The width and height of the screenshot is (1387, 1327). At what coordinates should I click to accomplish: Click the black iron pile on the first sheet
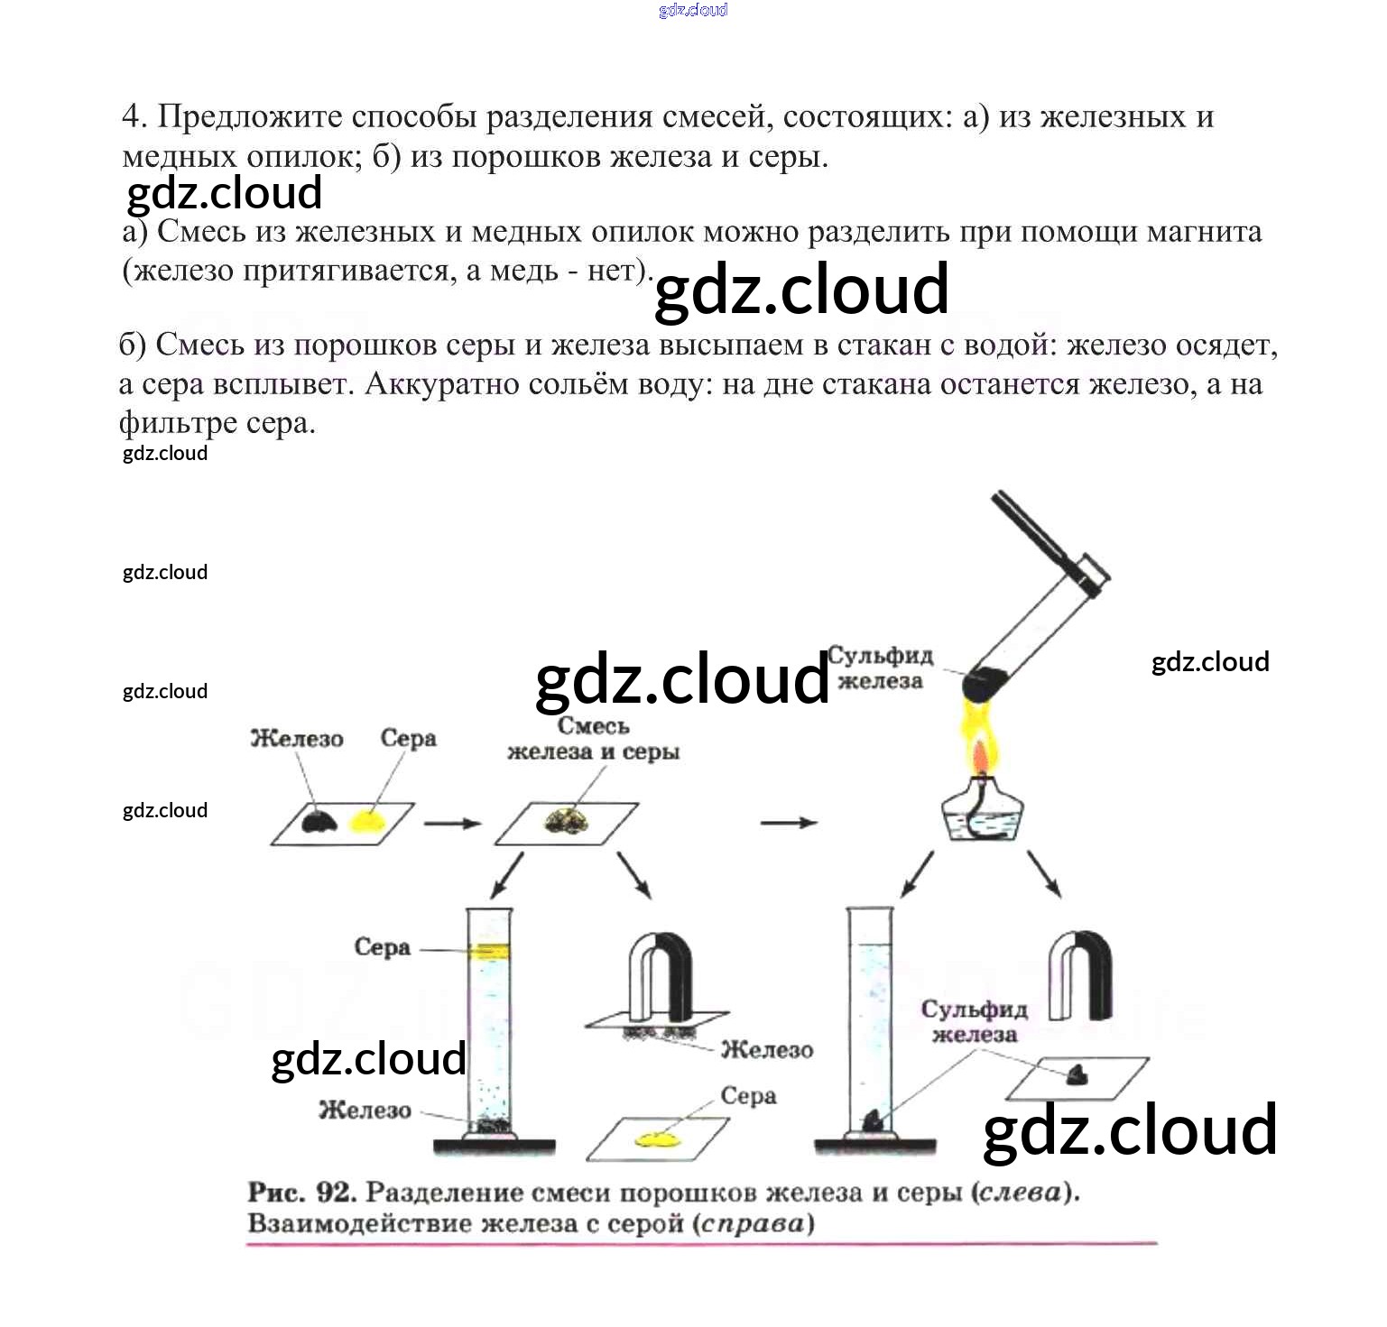pos(319,820)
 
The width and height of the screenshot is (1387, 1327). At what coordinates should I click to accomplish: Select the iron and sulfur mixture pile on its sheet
pos(567,821)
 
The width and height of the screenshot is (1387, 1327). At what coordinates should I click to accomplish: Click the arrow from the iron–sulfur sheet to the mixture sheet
pos(452,823)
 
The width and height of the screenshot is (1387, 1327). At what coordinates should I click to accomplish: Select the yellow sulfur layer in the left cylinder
pos(489,951)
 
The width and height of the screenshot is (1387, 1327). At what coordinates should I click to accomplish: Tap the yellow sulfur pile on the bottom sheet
pos(656,1140)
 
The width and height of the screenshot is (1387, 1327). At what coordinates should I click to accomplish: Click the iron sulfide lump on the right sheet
pos(1077,1074)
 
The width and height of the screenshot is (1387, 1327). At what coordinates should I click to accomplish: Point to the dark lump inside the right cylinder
pos(873,1120)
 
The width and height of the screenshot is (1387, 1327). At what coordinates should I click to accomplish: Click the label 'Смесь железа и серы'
pos(593,739)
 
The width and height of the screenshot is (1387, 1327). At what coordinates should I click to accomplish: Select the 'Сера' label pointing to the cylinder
pos(382,947)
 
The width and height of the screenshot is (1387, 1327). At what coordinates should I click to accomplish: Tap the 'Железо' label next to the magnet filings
pos(767,1049)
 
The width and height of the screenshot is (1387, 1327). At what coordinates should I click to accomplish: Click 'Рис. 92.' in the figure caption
pos(302,1193)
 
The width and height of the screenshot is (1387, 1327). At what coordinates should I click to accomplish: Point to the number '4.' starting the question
pos(134,116)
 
